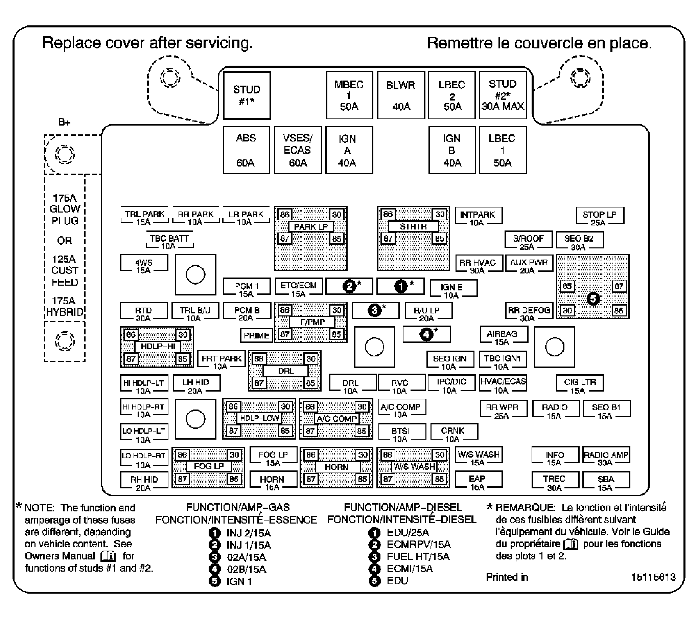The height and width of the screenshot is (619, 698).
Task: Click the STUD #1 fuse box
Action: point(247,95)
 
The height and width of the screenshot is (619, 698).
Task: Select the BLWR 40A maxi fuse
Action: point(401,95)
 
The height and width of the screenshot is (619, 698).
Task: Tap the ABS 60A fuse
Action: point(246,150)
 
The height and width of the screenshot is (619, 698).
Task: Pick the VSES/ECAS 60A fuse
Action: point(298,150)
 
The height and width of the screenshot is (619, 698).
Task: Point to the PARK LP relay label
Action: point(311,227)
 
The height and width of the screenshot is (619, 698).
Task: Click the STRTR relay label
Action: point(413,227)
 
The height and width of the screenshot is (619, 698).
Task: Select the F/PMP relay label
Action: point(312,322)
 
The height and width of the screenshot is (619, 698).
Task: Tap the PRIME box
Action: point(256,335)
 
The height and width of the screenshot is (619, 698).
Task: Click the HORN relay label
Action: point(337,467)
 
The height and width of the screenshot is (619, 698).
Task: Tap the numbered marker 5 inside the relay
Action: point(593,299)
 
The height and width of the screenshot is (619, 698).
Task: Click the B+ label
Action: point(64,122)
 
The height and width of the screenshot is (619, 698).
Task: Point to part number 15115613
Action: point(653,577)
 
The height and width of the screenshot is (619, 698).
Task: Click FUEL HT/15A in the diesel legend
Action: point(418,557)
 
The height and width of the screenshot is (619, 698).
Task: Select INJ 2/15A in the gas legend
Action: point(249,533)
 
